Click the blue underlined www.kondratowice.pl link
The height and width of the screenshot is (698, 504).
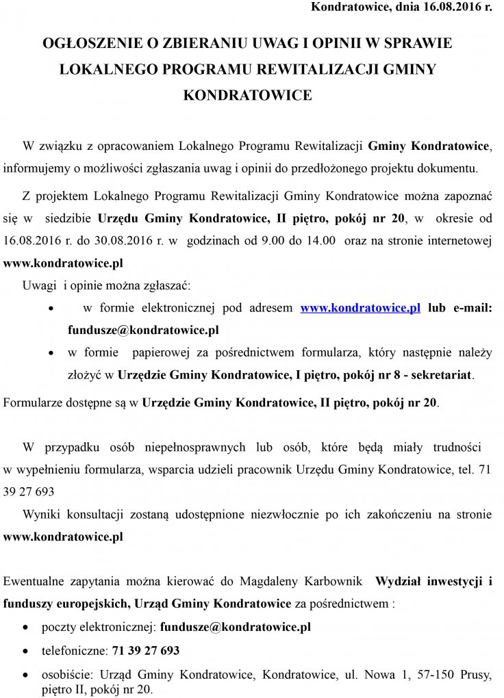click(360, 309)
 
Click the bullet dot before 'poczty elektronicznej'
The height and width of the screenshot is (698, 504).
click(26, 627)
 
